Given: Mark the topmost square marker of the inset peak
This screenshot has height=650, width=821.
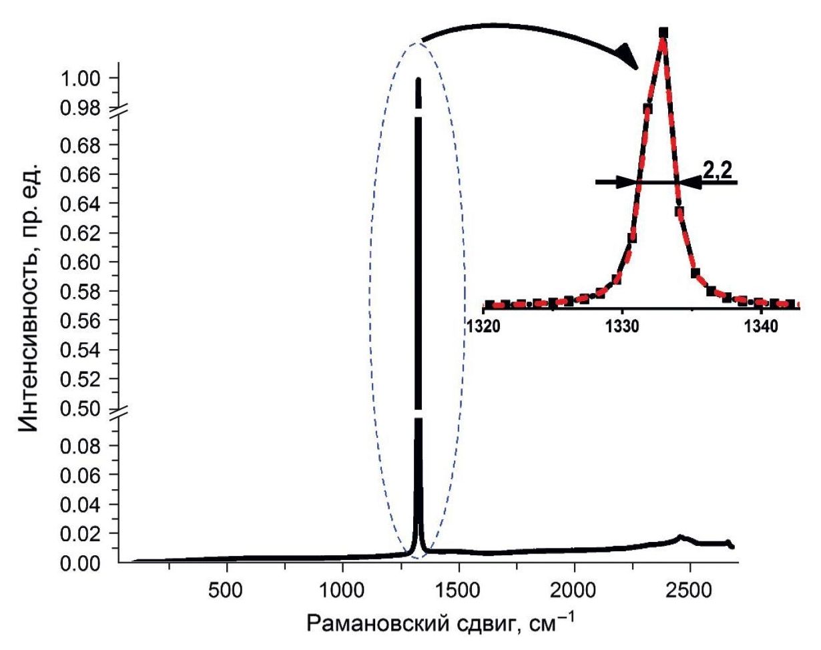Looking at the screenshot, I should point(663,32).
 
